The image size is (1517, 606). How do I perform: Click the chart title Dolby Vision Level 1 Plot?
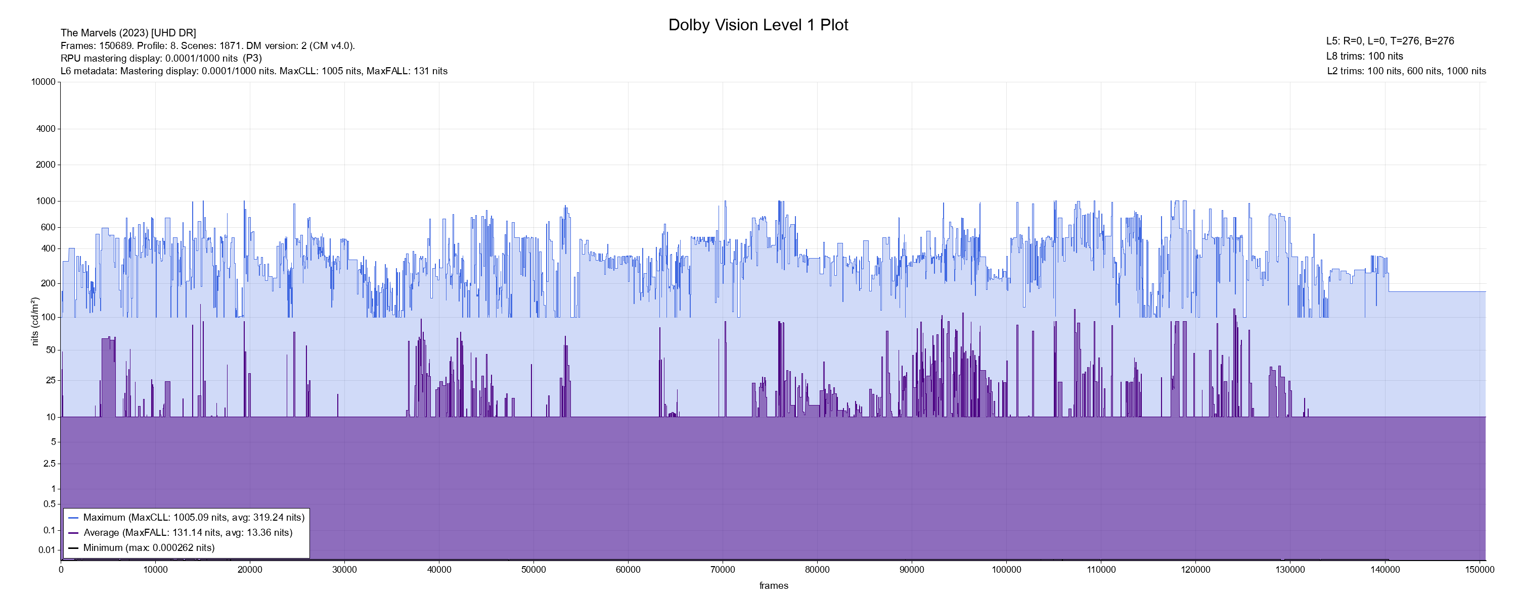(758, 25)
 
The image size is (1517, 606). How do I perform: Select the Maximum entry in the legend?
(193, 518)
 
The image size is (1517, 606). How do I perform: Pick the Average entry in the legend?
(187, 532)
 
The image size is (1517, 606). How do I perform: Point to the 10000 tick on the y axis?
(43, 82)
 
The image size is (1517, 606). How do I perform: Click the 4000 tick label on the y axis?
(46, 129)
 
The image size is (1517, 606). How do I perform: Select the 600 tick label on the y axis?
(48, 227)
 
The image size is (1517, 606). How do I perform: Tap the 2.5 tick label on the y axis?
(50, 464)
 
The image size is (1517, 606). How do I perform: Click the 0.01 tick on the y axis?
(47, 550)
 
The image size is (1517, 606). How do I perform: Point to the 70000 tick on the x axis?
(723, 570)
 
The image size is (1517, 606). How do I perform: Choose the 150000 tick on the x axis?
(1479, 570)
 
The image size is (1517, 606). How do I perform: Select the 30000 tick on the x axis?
(344, 570)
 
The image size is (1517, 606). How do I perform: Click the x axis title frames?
(773, 585)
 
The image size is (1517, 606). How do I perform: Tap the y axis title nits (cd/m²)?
(35, 321)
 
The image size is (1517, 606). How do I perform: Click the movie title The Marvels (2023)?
(128, 33)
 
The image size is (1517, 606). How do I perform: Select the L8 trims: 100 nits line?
(1364, 57)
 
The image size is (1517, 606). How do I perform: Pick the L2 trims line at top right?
(1406, 71)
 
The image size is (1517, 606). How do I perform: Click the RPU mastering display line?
(161, 58)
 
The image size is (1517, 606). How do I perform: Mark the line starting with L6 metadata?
(254, 71)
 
